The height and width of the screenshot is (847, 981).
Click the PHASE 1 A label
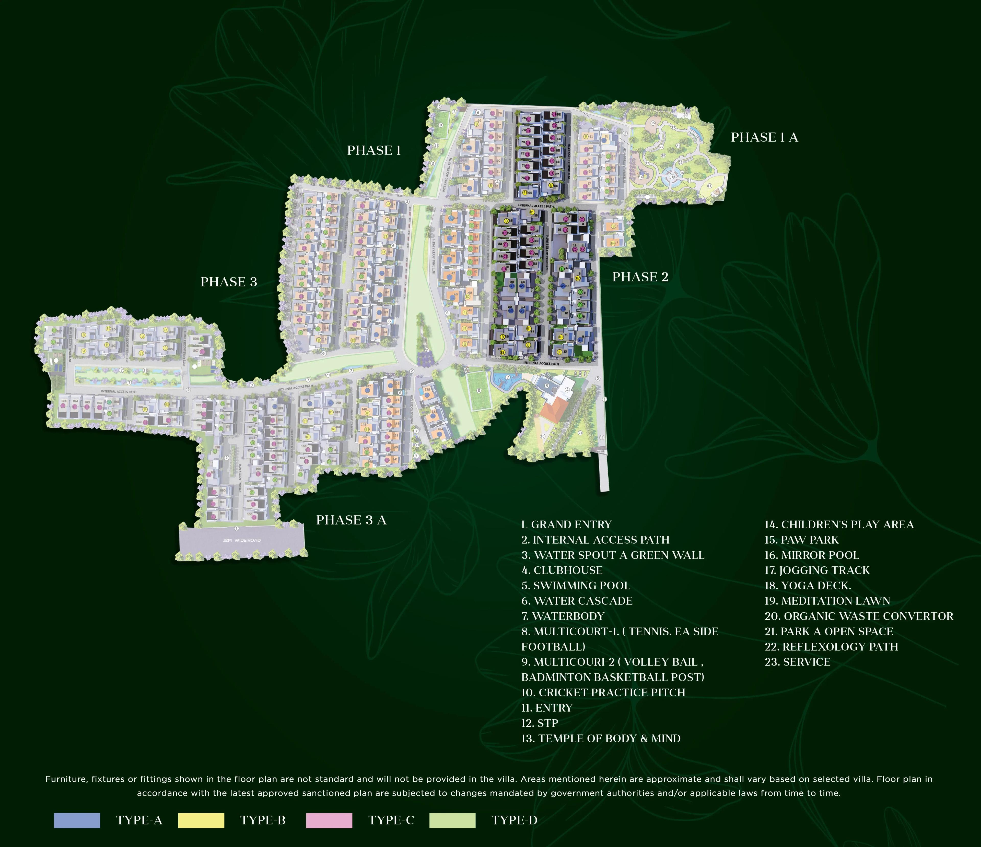tap(764, 137)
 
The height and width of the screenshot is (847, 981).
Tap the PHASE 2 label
tap(640, 277)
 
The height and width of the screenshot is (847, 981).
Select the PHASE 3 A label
tap(351, 520)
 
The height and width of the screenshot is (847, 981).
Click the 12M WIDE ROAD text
tap(241, 540)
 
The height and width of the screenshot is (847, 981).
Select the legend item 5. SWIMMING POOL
tap(576, 585)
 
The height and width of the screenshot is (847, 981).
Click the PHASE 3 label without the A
tap(229, 282)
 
